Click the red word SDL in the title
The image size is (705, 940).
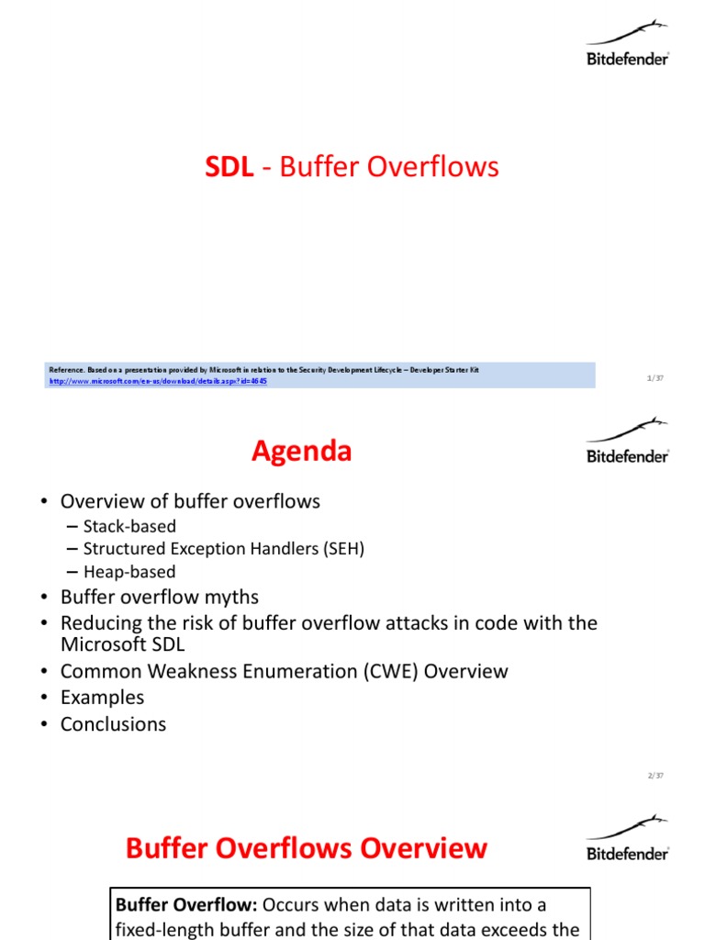229,167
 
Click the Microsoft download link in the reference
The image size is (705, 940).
158,381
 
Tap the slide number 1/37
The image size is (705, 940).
655,378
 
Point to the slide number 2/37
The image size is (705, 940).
655,776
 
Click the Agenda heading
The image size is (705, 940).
301,452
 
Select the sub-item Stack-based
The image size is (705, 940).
129,526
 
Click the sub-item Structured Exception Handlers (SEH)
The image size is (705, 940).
223,549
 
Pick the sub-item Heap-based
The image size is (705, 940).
129,572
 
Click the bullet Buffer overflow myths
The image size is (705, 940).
160,598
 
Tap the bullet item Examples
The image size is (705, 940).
102,698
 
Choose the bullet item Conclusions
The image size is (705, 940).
113,724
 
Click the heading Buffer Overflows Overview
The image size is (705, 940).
306,848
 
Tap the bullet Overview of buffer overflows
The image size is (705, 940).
190,501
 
